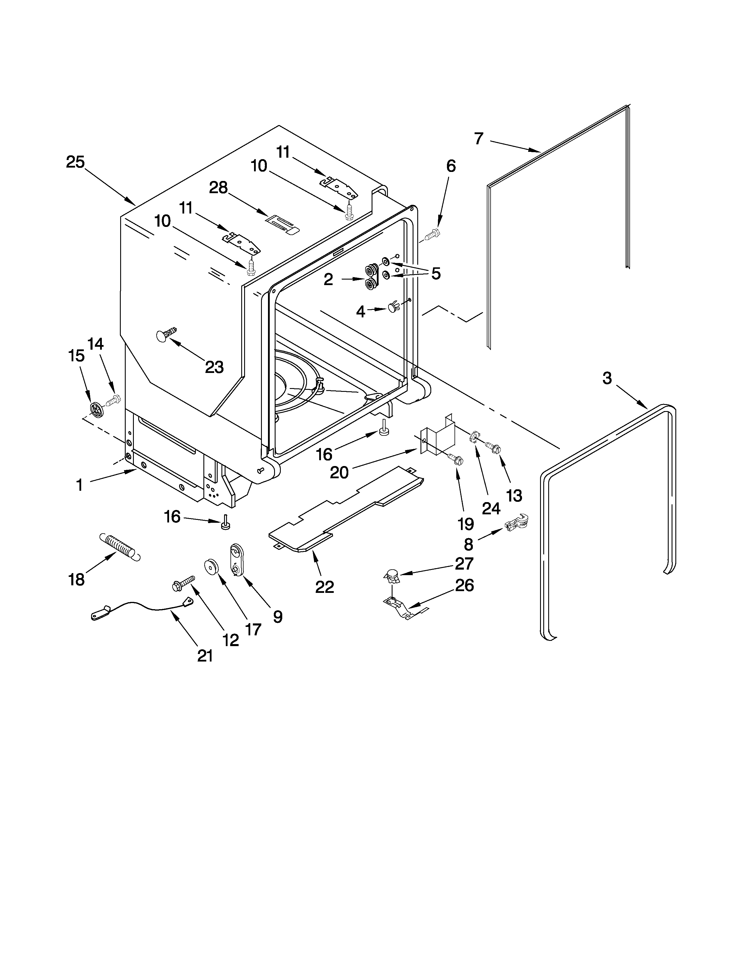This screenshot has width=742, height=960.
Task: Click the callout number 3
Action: coord(607,378)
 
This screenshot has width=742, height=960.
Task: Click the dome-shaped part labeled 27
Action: coord(392,575)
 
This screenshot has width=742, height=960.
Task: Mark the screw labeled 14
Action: coord(114,399)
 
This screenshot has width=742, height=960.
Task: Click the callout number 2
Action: coord(328,280)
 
